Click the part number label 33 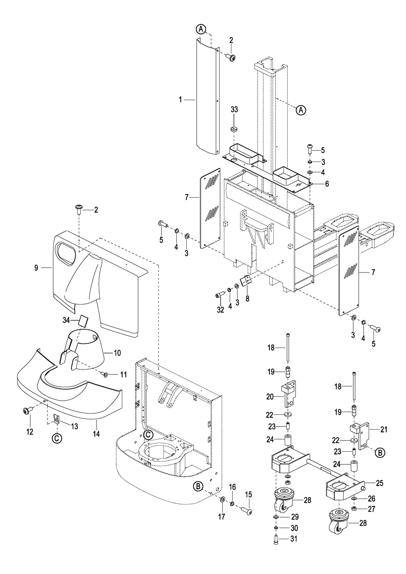[234, 110]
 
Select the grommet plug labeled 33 [234, 129]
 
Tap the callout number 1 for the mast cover [180, 99]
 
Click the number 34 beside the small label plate [66, 320]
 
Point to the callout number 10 [117, 353]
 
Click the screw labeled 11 [105, 375]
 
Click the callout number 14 [97, 434]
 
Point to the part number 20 [270, 397]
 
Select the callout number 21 [384, 429]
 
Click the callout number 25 [379, 483]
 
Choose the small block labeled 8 [245, 280]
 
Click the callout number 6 [327, 184]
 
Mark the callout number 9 [36, 268]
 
